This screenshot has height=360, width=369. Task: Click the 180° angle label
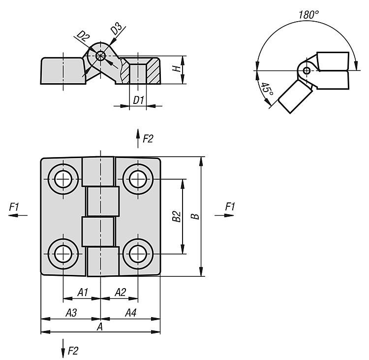308,15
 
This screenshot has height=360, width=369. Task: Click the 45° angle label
267,89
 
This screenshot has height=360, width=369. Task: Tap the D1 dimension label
138,100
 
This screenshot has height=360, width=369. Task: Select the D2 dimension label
84,36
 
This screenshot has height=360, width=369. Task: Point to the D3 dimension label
116,29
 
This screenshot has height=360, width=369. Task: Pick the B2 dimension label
176,217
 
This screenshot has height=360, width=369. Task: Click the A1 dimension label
83,293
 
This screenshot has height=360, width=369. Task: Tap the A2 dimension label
120,293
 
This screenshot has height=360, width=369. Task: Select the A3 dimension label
71,313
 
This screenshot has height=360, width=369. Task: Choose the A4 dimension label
130,313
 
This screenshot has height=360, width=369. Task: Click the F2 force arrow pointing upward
138,138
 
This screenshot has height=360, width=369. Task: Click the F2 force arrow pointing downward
63,348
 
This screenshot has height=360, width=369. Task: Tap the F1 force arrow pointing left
18,215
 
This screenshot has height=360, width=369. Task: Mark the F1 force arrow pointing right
224,215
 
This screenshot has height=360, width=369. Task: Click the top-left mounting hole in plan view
63,179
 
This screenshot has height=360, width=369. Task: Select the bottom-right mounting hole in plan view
138,254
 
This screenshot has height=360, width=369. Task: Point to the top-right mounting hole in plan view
138,179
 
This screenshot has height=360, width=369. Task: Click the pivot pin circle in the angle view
307,70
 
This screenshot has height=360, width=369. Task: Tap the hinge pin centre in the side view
100,56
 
